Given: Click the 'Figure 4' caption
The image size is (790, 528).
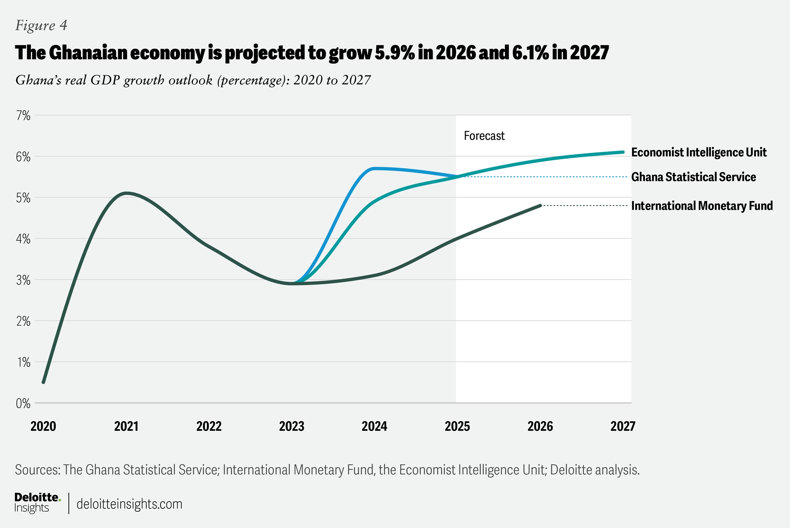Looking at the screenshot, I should (41, 25).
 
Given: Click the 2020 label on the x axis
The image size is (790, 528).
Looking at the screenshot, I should (43, 426).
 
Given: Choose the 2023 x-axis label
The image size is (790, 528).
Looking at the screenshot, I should (292, 426).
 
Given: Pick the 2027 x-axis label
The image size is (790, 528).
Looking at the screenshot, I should (623, 426).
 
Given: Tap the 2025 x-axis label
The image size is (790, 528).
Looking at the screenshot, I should (457, 426).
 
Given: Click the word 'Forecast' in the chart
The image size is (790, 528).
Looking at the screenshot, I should (484, 136).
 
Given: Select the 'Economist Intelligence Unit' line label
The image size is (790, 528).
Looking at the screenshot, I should (699, 152).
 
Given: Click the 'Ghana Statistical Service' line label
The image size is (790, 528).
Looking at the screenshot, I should (693, 177).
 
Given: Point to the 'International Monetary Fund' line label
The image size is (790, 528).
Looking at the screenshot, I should (702, 206).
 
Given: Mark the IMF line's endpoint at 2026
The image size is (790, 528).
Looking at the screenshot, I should (540, 206).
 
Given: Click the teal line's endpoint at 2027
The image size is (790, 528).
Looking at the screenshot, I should (623, 152).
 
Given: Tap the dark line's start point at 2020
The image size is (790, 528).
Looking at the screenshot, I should (44, 382).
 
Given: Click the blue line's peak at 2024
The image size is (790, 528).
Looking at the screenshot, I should (374, 169).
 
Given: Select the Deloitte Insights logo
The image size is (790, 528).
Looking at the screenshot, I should (37, 503).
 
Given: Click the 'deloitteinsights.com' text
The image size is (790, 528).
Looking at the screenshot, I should (129, 504).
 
